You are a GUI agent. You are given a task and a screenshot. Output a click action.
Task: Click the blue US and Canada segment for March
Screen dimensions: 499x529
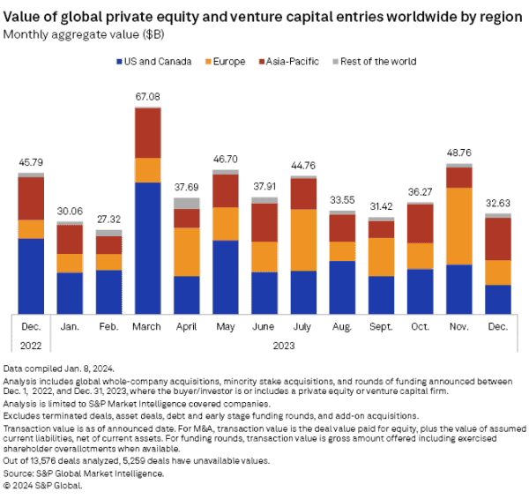point(146,247)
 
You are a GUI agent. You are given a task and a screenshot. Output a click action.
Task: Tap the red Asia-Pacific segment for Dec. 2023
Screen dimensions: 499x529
point(498,238)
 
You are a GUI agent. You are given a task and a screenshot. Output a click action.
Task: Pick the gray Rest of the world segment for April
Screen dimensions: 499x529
point(186,204)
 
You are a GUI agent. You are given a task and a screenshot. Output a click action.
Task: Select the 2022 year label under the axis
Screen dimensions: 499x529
point(31,346)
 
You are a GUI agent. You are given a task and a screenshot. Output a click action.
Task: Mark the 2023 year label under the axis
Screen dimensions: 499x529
point(283,346)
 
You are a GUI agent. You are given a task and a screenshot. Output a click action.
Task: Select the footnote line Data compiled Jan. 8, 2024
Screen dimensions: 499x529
point(59,367)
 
